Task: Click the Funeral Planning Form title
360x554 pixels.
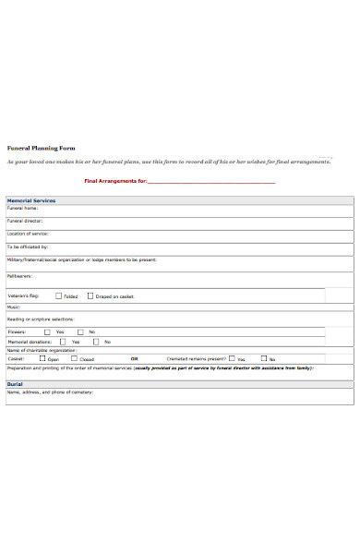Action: tap(41, 148)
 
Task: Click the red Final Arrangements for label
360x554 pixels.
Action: tap(115, 181)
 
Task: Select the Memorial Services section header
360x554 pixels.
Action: tap(31, 200)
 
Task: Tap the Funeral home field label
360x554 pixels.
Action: tap(23, 209)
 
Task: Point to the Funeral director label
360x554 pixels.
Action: tap(26, 222)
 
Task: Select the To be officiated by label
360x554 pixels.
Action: tap(28, 247)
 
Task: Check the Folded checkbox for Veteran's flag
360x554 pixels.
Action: tap(59, 296)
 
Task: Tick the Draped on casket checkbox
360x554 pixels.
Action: tap(90, 296)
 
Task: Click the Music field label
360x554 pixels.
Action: tap(14, 307)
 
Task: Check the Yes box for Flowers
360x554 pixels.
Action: tap(49, 331)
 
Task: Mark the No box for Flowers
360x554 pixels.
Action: tap(81, 331)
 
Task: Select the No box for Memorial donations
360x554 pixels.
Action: tap(97, 342)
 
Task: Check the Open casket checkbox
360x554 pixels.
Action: tap(42, 358)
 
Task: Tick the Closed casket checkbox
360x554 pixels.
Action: tap(75, 358)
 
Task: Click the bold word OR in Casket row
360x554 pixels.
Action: tap(134, 358)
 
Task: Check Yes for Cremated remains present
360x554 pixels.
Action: tap(232, 358)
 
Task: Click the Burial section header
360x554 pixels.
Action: tap(15, 383)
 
